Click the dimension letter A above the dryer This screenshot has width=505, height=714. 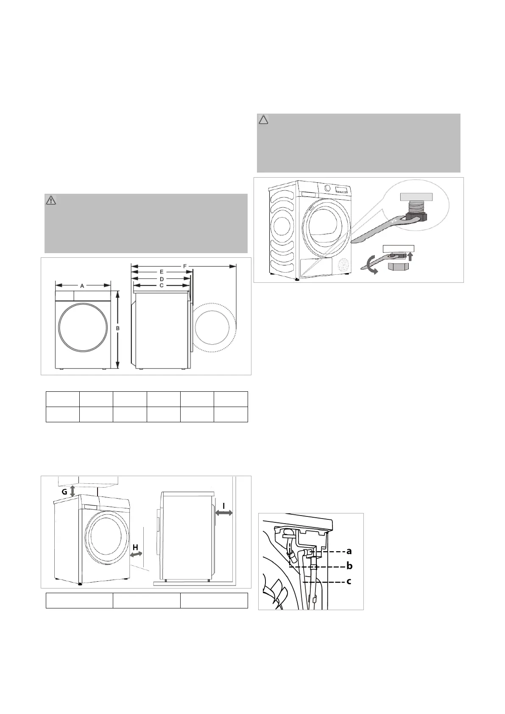(82, 286)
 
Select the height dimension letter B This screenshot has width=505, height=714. (117, 328)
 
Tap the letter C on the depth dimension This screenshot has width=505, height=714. (161, 285)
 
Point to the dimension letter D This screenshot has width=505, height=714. (162, 279)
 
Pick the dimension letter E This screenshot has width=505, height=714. (162, 272)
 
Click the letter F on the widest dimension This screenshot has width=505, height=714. (185, 266)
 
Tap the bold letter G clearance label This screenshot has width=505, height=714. (64, 492)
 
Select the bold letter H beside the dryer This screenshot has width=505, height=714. (136, 547)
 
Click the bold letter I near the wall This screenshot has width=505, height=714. (224, 506)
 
